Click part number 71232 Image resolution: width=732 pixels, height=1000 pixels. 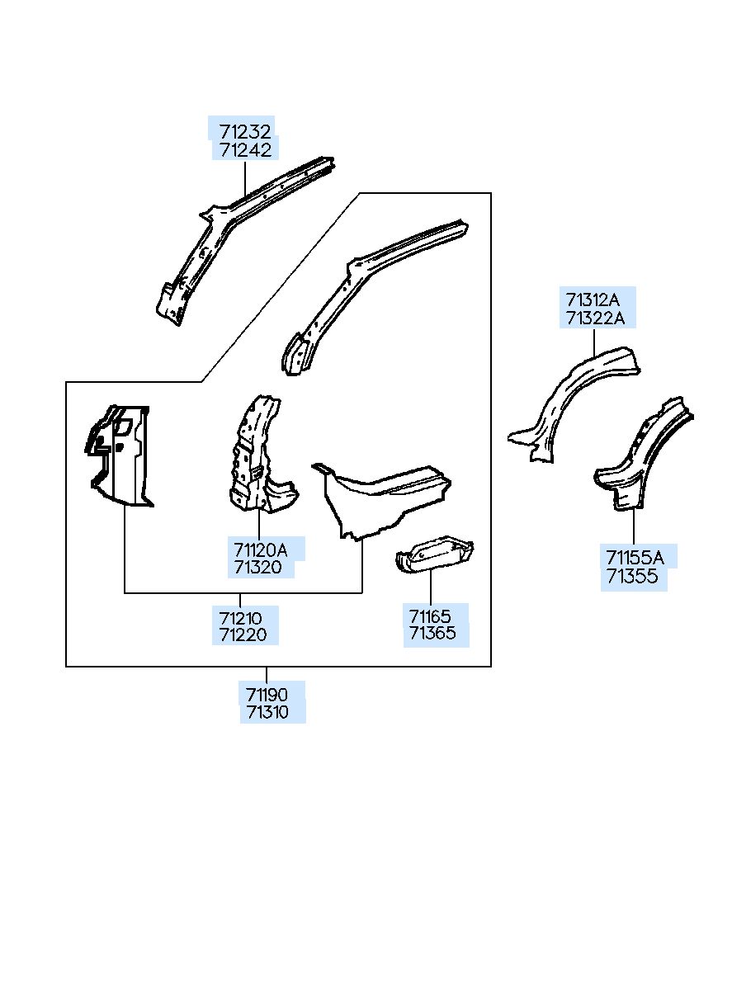245,131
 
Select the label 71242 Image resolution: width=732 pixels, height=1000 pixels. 245,150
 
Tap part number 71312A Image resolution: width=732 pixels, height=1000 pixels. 593,299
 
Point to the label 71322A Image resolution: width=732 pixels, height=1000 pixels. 595,318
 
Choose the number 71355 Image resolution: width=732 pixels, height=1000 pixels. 631,576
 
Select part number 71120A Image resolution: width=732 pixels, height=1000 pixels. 260,549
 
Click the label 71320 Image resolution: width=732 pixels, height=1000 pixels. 257,567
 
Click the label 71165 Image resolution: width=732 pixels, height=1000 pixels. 430,616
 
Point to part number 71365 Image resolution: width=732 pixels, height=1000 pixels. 432,634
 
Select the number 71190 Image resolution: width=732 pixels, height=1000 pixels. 267,694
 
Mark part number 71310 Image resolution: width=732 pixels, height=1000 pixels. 267,712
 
